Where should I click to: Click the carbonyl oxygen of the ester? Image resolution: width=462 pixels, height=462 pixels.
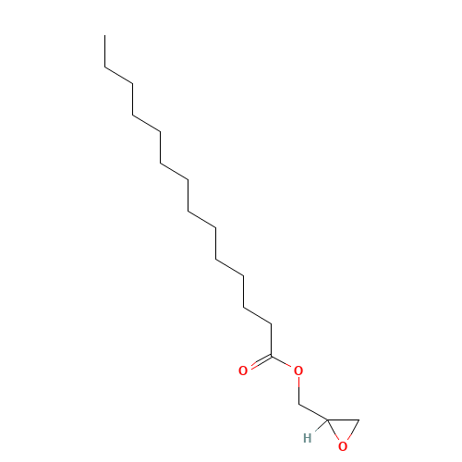243,371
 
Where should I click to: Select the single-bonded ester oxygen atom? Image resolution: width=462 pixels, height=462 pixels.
298,371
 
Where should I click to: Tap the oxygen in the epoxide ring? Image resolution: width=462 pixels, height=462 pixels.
343,446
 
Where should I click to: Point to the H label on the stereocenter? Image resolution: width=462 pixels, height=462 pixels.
308,438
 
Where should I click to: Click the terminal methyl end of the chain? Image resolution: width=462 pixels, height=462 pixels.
105,35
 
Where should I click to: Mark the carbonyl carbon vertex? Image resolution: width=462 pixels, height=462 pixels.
271,356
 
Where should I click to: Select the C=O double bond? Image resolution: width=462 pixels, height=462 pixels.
261,362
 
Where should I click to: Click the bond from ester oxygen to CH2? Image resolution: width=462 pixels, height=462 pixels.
298,390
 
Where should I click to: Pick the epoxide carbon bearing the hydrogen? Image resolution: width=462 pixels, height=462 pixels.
327,419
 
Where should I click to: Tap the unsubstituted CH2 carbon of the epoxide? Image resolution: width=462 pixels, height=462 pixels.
359,419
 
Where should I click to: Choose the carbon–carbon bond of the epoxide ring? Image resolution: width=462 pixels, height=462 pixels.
343,419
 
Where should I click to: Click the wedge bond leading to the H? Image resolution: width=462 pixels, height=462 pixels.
321,425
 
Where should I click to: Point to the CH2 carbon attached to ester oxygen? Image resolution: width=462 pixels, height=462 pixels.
298,404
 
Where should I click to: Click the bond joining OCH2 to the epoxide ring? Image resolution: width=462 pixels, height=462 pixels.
312,412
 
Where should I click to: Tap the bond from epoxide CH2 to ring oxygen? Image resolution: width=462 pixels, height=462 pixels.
353,430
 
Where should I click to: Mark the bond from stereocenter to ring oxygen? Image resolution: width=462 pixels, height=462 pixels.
333,430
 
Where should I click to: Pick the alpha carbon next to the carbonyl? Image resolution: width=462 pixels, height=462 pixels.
271,323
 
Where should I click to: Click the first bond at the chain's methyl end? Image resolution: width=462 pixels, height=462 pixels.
105,51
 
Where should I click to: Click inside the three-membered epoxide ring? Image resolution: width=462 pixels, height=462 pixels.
343,428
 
